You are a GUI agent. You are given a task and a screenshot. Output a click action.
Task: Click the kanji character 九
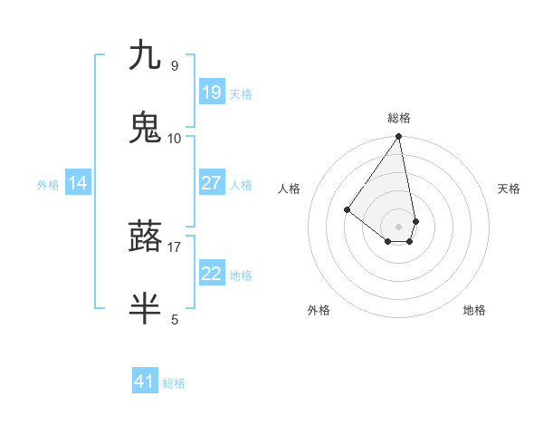click(145, 56)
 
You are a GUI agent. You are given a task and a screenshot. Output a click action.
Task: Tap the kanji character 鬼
click(145, 128)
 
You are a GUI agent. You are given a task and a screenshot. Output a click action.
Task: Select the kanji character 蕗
click(145, 237)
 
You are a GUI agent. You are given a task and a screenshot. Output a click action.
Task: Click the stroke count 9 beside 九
click(175, 65)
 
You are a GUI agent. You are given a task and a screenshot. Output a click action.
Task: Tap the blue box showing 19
click(212, 92)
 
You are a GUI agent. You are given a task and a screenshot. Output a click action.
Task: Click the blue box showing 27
click(212, 183)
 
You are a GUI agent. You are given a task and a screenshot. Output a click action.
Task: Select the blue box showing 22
click(212, 274)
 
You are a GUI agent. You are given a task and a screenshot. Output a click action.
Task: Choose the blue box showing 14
click(78, 184)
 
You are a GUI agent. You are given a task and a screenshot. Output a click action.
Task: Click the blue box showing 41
click(145, 382)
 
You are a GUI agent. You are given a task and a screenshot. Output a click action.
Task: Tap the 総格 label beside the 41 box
click(175, 383)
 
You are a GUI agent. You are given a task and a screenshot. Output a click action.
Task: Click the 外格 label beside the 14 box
click(48, 185)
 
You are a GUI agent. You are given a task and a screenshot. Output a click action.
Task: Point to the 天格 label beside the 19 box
click(241, 94)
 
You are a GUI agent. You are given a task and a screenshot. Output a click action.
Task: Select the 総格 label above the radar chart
click(399, 118)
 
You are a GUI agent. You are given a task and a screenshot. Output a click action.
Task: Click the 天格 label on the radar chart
click(509, 189)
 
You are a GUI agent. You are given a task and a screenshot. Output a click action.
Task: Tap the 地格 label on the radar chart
click(474, 310)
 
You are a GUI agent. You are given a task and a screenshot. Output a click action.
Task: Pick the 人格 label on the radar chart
click(290, 189)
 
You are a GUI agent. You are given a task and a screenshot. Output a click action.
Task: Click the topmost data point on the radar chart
click(399, 137)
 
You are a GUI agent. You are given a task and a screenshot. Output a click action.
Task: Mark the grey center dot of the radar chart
click(399, 226)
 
